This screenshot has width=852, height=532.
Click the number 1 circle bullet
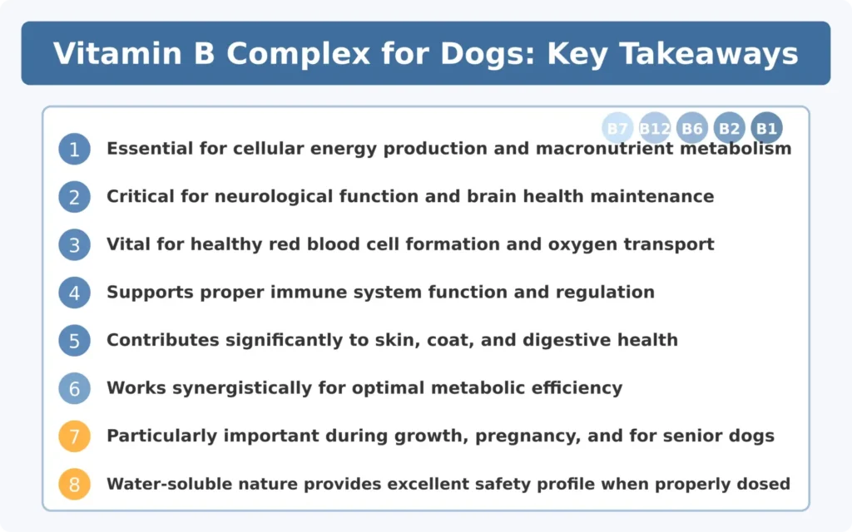(74, 150)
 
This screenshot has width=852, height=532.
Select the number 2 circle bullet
(74, 197)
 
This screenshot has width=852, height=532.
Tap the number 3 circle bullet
(74, 245)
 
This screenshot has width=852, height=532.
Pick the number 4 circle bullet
(74, 293)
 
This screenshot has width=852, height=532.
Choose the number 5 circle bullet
(74, 341)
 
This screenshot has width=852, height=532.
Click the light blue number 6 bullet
(74, 388)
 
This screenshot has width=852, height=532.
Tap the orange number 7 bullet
(74, 436)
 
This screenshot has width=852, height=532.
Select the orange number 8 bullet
(74, 484)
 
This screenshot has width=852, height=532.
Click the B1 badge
(766, 129)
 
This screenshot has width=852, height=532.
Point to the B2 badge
(729, 129)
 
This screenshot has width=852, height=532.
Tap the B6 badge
(692, 129)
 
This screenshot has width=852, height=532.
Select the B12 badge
(655, 129)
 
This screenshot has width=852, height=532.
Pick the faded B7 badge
(617, 129)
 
